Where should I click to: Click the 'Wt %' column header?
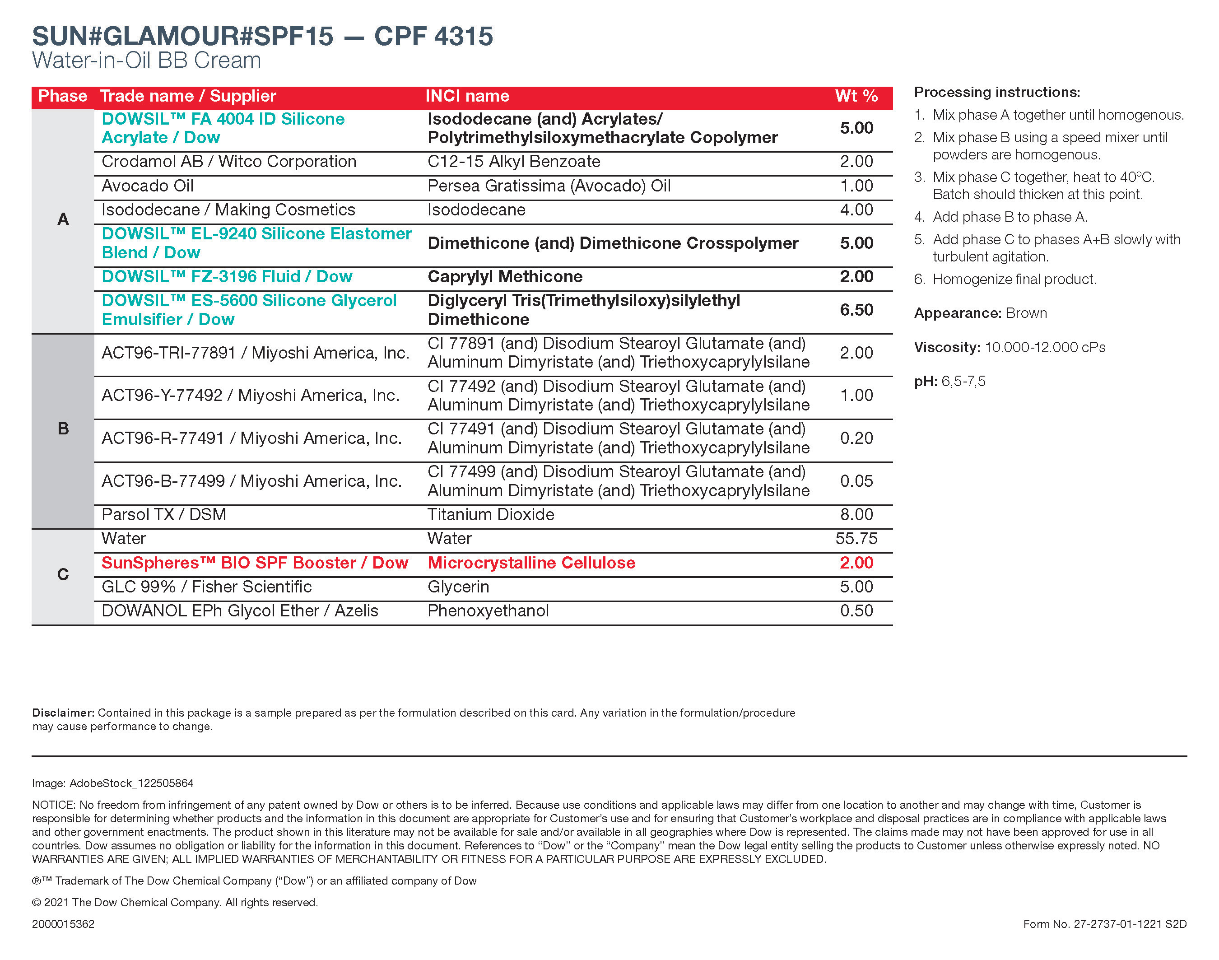[x=856, y=96]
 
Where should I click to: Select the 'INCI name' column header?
[x=467, y=96]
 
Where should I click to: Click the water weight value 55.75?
[x=856, y=538]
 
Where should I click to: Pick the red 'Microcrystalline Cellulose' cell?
[x=531, y=563]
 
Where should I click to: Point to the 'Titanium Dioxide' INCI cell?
[x=491, y=514]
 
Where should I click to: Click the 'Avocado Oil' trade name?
[x=147, y=186]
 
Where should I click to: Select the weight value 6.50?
[x=856, y=310]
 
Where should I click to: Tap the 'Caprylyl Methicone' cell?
[x=505, y=276]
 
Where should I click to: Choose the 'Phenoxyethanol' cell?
[x=488, y=611]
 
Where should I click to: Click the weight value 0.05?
[x=856, y=481]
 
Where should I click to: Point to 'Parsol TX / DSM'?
[x=163, y=514]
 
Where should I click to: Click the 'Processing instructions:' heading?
[x=996, y=92]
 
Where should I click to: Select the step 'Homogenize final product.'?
[x=1014, y=280]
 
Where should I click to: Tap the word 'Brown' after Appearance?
[x=1026, y=313]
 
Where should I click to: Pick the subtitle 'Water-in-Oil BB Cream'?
[x=147, y=60]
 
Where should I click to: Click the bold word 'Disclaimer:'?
[x=63, y=713]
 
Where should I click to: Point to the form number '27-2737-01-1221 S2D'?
[x=1130, y=924]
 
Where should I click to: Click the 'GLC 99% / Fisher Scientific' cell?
[x=206, y=587]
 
